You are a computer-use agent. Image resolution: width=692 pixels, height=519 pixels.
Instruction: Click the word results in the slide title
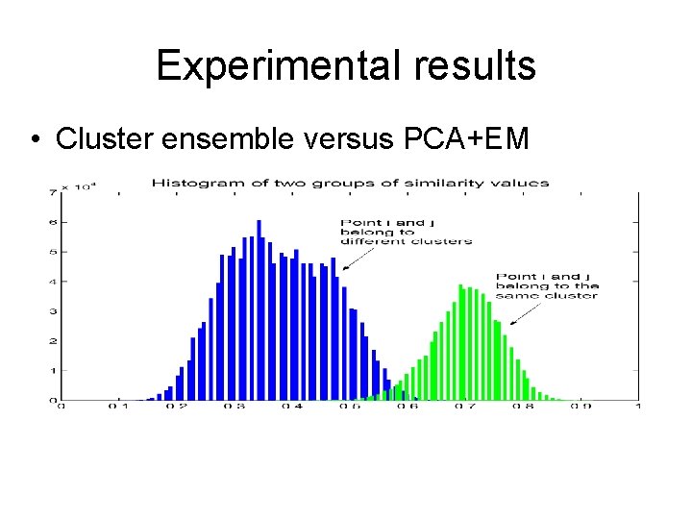coord(477,66)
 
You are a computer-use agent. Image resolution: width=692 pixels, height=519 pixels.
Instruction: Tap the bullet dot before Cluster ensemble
coord(34,139)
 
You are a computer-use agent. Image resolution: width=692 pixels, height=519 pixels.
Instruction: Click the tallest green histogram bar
coord(460,341)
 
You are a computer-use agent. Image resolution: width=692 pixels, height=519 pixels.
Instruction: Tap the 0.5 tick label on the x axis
coord(350,407)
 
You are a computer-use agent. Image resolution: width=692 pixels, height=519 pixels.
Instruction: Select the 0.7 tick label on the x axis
coord(465,407)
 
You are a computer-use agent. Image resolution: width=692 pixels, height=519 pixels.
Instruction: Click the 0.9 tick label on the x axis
coord(581,407)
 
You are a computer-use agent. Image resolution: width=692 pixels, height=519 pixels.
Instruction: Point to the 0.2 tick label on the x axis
coord(177,407)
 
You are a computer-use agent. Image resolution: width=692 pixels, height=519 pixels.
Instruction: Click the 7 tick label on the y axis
coord(53,193)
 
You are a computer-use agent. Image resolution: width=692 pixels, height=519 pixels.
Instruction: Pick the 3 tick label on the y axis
coord(53,311)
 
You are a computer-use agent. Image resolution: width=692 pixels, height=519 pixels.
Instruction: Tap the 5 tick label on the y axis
coord(53,252)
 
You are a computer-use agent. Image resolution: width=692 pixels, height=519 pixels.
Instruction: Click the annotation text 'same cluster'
coord(546,296)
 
